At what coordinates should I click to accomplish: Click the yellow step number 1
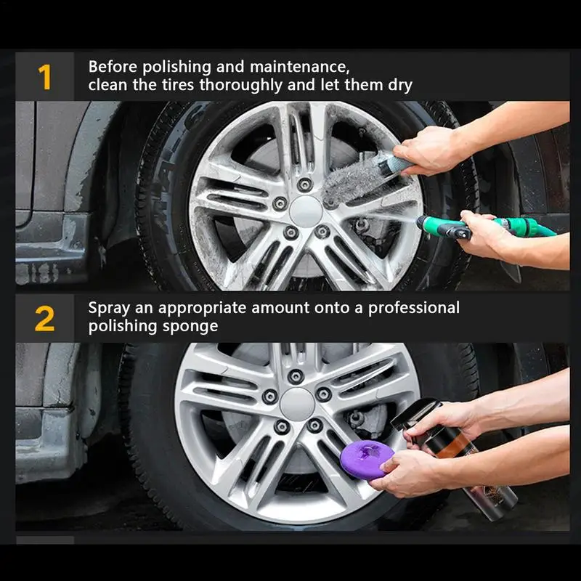coord(45,77)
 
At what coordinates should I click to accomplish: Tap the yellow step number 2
coord(44,319)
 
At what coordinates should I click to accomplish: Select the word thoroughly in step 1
coord(241,86)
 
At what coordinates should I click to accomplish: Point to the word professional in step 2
coord(413,308)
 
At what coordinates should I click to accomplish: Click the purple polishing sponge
coord(367,460)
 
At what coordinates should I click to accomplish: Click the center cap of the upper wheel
coord(306,211)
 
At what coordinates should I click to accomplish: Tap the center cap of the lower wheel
coord(297,405)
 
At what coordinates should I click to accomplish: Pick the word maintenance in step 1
coord(299,68)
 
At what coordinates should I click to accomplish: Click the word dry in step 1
coord(400,86)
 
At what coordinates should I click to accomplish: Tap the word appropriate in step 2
coord(202,308)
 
